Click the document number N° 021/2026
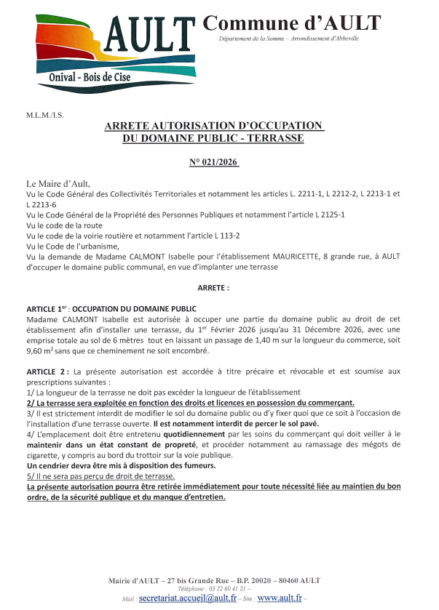213,161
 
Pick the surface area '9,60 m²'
43,350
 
